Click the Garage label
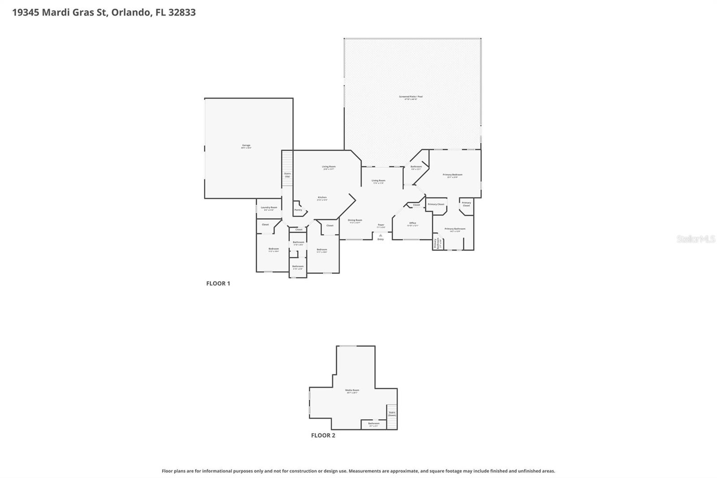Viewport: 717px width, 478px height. [x=246, y=146]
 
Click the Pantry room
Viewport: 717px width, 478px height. [x=298, y=210]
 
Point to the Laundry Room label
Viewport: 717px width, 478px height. [x=269, y=208]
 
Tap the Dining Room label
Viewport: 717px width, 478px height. [x=355, y=221]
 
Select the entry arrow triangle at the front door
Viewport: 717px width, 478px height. [x=380, y=235]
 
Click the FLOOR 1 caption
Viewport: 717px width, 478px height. [x=218, y=283]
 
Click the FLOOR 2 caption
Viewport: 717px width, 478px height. [x=323, y=435]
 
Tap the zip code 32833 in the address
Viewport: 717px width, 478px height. [x=181, y=12]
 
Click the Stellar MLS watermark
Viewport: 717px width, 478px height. [x=695, y=239]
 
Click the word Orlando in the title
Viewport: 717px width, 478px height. [x=130, y=12]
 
